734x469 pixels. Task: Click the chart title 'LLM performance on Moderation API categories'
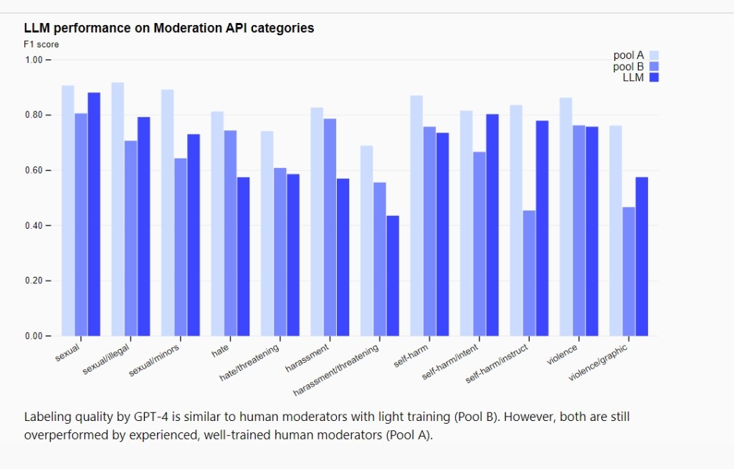point(169,29)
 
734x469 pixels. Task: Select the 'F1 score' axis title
point(42,44)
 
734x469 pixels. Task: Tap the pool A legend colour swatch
point(654,55)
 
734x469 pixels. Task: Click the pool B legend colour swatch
point(654,67)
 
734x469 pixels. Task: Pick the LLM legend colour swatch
point(654,77)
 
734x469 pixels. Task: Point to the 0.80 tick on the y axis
point(35,115)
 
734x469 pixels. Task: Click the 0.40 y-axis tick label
point(35,226)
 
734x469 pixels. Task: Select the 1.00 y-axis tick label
point(35,60)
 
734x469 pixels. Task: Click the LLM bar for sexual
point(94,214)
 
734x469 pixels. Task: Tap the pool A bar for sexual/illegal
point(118,209)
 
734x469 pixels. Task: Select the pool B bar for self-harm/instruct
point(529,273)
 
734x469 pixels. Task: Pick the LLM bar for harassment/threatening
point(393,275)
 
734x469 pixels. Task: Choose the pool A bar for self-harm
point(416,215)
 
